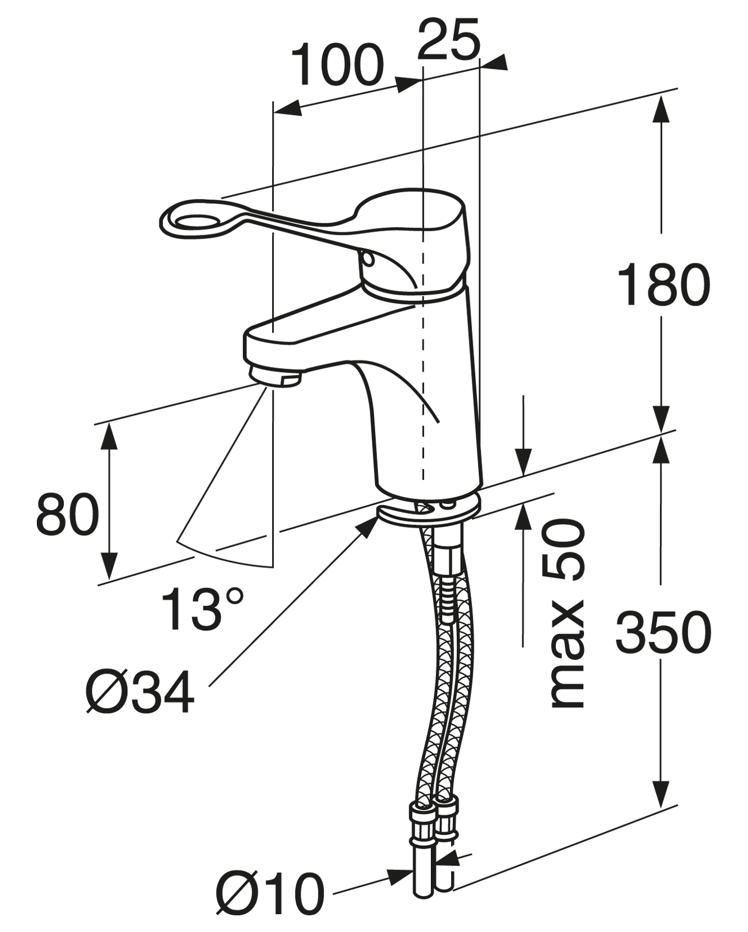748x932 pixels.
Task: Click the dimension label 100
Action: click(338, 64)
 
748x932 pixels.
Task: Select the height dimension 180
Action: click(663, 285)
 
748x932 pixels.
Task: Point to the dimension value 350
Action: click(663, 632)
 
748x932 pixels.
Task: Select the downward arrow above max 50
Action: click(523, 463)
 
